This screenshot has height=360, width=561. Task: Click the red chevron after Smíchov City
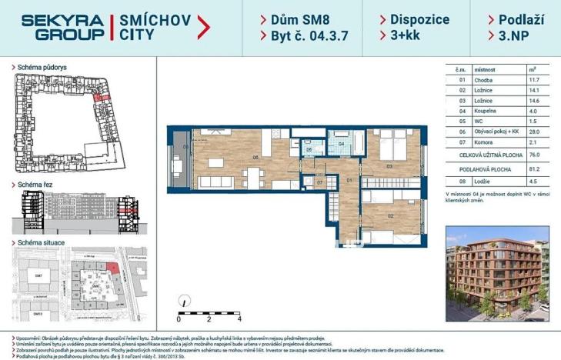204,28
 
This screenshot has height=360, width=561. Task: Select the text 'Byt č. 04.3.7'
301,35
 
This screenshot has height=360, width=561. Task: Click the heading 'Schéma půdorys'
42,68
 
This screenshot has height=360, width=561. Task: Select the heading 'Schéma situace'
42,243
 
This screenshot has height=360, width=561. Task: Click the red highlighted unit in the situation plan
113,267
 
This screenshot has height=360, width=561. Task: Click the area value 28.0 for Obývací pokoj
533,132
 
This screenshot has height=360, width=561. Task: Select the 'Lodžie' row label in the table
479,182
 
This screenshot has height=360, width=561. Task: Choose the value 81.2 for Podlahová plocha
533,168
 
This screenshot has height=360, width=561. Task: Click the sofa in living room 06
231,183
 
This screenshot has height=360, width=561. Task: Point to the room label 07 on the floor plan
308,182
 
